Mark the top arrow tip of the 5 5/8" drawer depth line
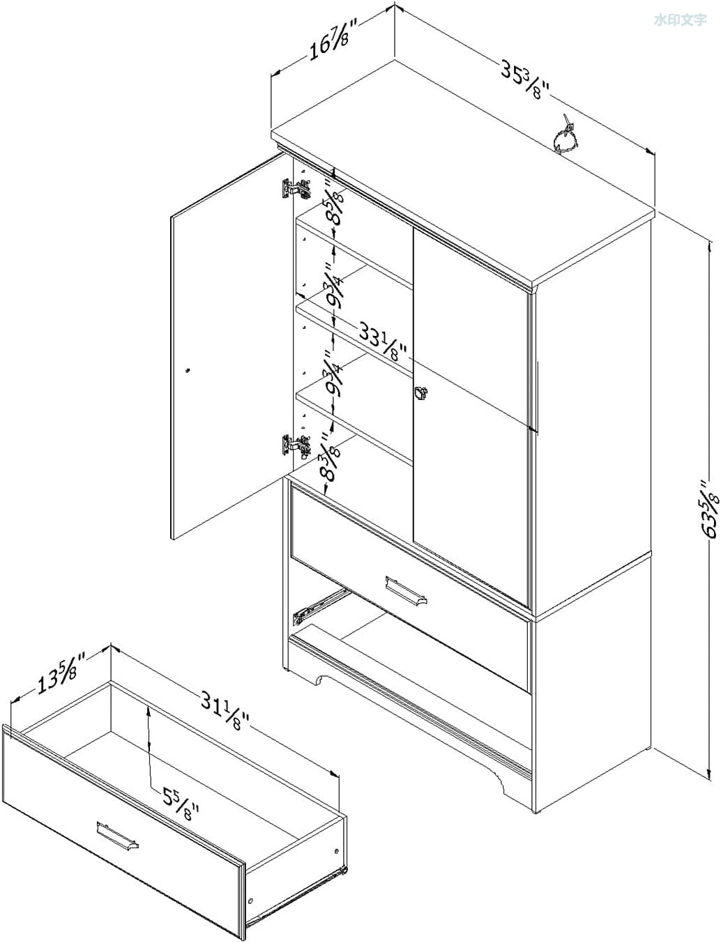point(149,707)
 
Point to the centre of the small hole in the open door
point(187,370)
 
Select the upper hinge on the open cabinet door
point(296,189)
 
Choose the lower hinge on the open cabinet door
point(296,445)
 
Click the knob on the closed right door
point(420,392)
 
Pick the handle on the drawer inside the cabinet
point(406,592)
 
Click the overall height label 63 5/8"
point(707,509)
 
